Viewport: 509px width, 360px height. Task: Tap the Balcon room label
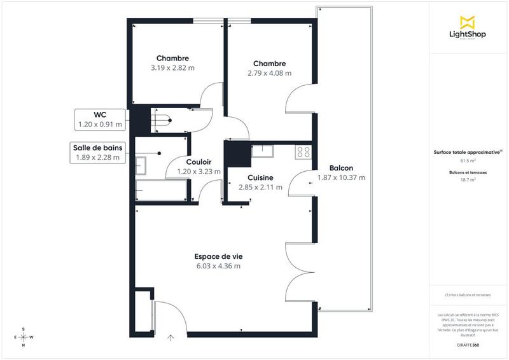coord(341,168)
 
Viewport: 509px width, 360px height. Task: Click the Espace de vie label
coord(218,256)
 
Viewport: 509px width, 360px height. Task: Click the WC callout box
coord(99,119)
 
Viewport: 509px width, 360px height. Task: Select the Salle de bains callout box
coord(97,153)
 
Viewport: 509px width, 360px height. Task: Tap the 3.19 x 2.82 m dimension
coord(172,68)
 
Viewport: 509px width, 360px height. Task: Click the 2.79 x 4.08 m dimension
coord(269,73)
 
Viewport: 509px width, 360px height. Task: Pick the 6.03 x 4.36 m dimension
coord(218,266)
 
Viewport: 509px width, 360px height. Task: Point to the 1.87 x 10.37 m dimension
coord(341,177)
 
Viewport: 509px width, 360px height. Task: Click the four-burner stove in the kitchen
coord(303,151)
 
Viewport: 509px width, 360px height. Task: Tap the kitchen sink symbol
coord(261,151)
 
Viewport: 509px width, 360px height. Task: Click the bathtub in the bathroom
coord(162,190)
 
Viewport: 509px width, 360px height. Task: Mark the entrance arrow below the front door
coord(170,337)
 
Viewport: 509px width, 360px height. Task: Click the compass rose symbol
coord(24,336)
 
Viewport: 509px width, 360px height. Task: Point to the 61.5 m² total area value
coord(468,162)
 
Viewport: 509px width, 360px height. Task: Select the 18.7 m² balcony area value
coord(468,180)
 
